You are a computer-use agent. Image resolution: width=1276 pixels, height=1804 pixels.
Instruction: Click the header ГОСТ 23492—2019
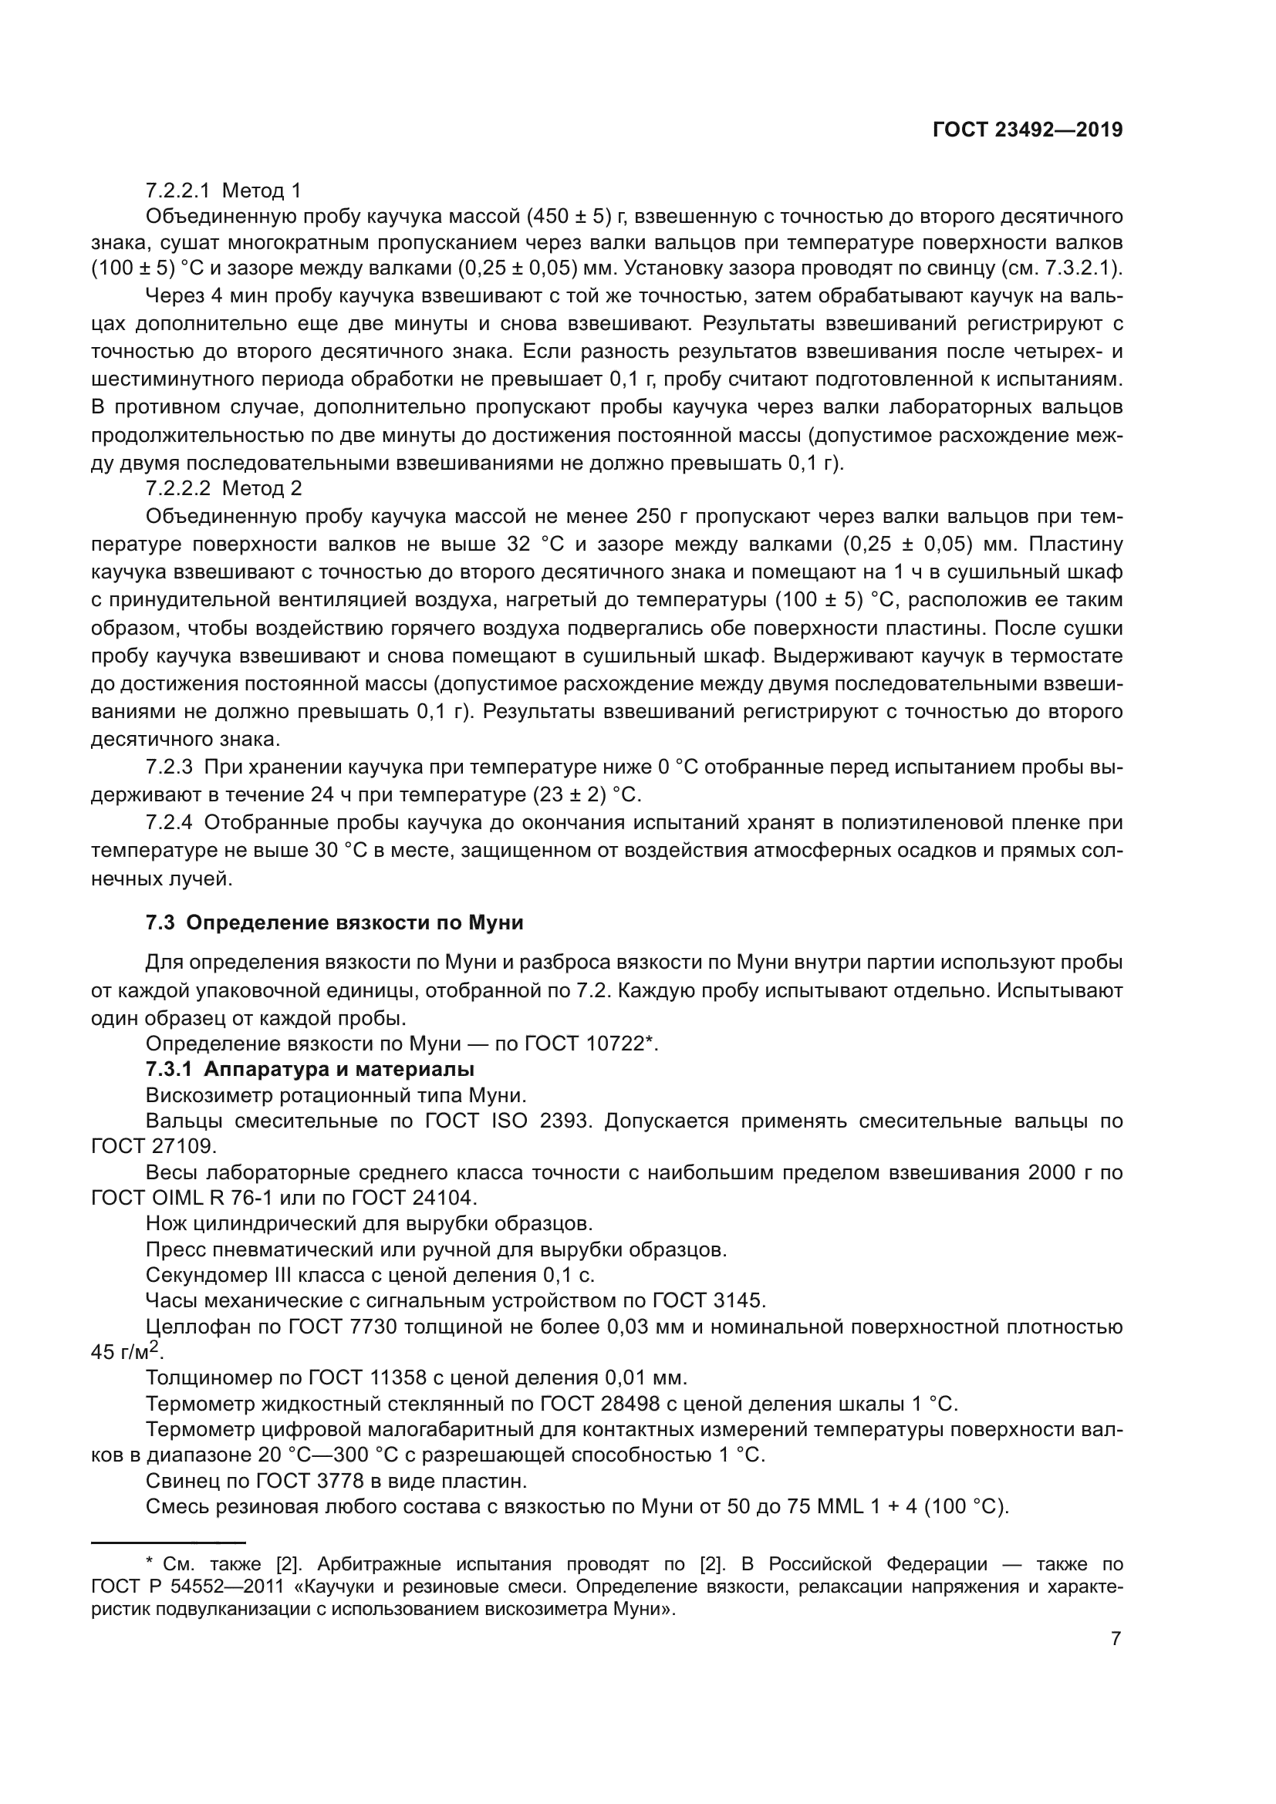1027,130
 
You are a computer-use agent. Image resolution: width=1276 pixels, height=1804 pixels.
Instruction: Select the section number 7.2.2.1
177,191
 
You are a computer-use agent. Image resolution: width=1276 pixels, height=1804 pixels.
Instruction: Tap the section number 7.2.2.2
177,488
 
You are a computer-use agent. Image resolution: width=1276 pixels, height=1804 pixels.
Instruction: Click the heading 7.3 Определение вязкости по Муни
334,922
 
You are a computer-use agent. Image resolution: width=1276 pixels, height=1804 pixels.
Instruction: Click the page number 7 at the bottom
1116,1639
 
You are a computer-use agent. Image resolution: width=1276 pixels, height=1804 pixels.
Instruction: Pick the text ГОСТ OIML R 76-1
207,1199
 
